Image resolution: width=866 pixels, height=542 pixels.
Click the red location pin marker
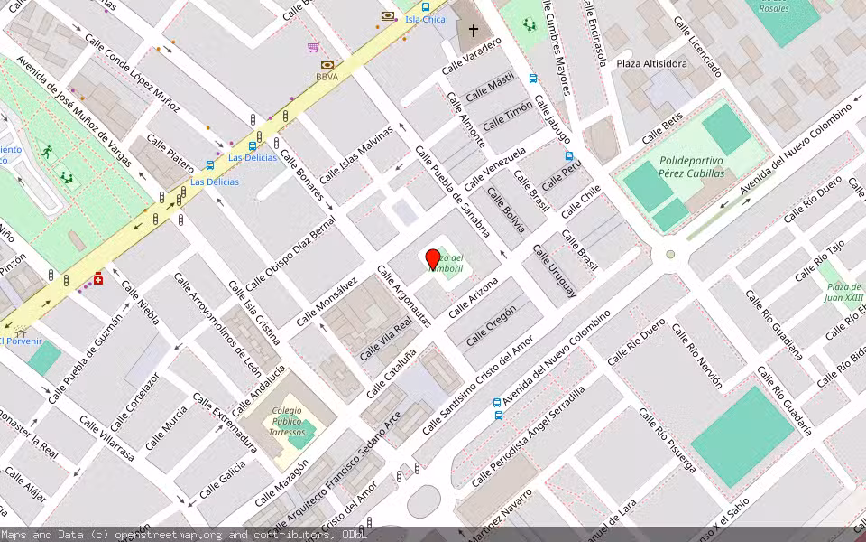(x=433, y=258)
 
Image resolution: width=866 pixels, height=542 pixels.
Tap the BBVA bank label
(x=327, y=77)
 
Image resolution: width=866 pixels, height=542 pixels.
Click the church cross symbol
(x=473, y=30)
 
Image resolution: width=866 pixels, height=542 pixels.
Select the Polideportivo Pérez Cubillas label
(x=686, y=167)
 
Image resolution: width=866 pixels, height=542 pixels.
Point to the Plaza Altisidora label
(x=651, y=64)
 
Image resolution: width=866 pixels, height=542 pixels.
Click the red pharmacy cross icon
(x=97, y=279)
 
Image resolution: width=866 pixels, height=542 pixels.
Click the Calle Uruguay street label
(x=554, y=270)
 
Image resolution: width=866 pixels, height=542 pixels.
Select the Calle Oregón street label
(x=491, y=325)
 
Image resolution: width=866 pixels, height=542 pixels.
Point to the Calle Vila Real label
(x=385, y=338)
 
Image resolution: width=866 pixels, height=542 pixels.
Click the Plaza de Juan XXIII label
(x=845, y=292)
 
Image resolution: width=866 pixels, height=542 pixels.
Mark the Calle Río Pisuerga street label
(x=668, y=439)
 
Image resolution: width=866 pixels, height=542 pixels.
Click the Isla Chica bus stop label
(x=425, y=19)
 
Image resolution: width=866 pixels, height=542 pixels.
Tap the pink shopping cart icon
(x=313, y=47)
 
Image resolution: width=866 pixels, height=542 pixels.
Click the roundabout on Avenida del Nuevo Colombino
(x=670, y=255)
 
